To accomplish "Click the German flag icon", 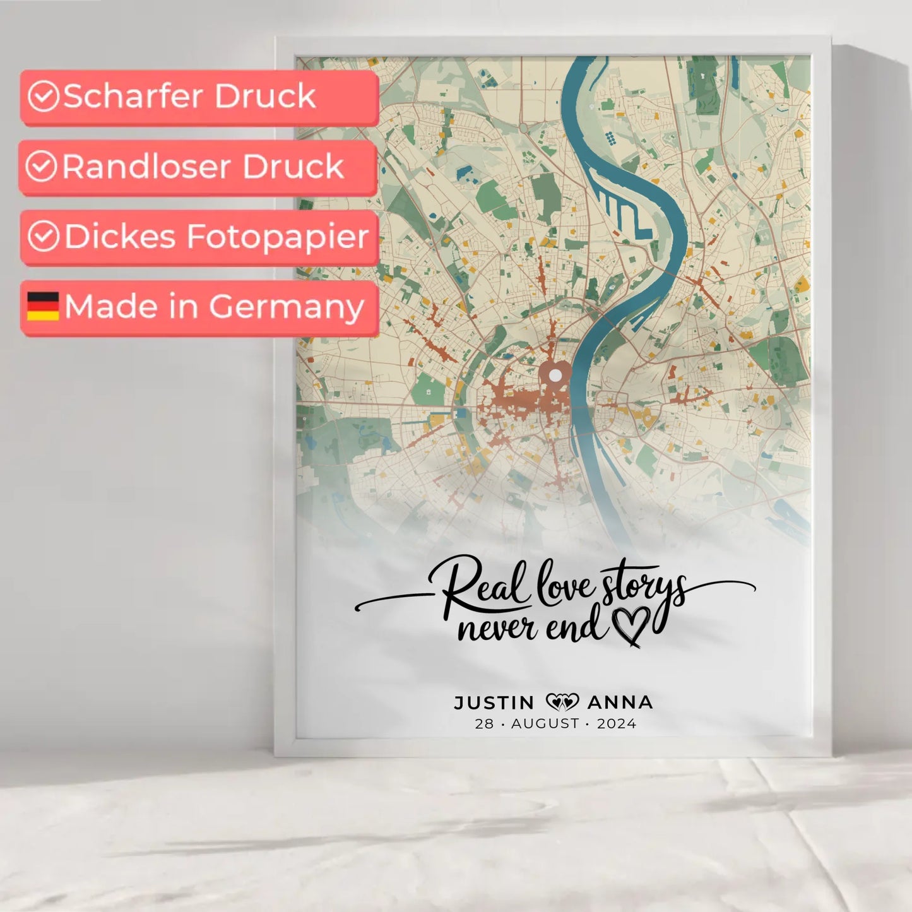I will [x=43, y=306].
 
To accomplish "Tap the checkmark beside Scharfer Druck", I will [x=44, y=97].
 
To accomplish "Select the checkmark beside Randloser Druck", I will [x=42, y=167].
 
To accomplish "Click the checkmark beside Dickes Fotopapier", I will [x=44, y=236].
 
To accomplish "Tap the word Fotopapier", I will [x=278, y=237].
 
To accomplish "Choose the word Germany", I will [x=287, y=307].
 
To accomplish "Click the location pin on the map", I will [x=555, y=375].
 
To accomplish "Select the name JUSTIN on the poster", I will [x=494, y=702].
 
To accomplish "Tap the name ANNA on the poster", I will [x=620, y=702].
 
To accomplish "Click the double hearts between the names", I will [x=562, y=702].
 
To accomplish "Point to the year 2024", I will [x=617, y=724].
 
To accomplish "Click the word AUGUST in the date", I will [x=545, y=724].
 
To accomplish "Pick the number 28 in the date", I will [x=484, y=724].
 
